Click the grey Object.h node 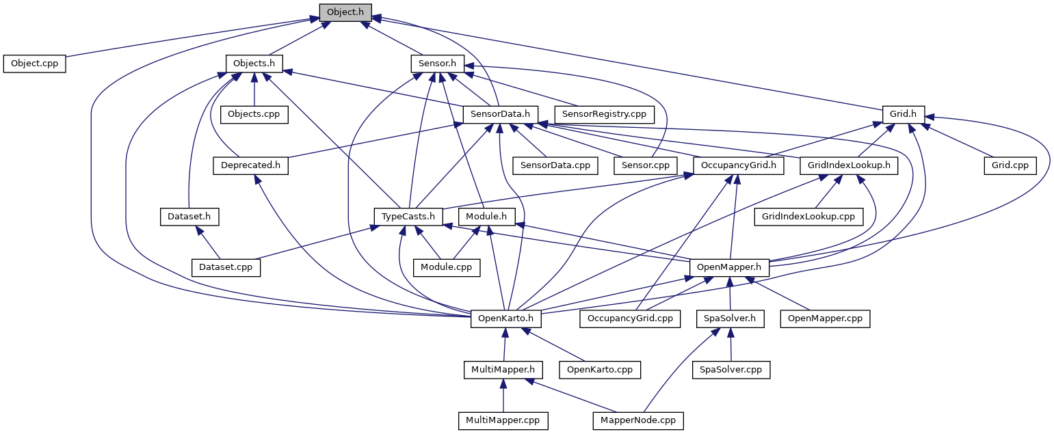(x=345, y=12)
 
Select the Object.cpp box (x=34, y=64)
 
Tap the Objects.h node (x=254, y=64)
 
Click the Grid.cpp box (x=1010, y=165)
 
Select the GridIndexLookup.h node (x=848, y=165)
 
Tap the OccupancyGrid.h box (x=738, y=165)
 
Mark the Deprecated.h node (x=250, y=165)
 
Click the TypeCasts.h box (x=408, y=217)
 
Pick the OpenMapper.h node (x=729, y=267)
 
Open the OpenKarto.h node (x=506, y=318)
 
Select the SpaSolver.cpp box (x=731, y=370)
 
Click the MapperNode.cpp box (x=638, y=420)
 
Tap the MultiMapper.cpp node (x=503, y=420)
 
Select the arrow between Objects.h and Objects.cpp (x=254, y=89)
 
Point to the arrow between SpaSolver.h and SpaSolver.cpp (x=730, y=344)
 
